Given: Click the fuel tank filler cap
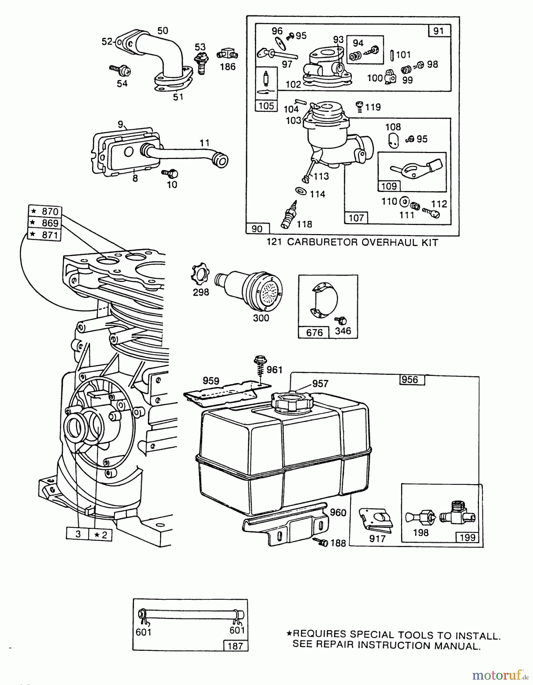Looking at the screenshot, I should click(291, 401).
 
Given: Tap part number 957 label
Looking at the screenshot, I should click(320, 383).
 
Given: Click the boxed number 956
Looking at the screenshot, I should click(409, 379).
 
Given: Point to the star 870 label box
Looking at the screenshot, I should click(45, 211).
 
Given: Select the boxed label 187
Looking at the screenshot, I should click(235, 645).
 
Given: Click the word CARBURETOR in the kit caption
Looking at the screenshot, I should click(322, 242).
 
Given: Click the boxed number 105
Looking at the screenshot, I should click(266, 106).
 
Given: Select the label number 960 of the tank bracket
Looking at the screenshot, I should click(338, 513).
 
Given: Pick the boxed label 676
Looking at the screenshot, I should click(314, 332).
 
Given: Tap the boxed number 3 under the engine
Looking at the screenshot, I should click(78, 534).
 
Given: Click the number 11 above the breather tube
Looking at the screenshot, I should click(204, 143).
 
